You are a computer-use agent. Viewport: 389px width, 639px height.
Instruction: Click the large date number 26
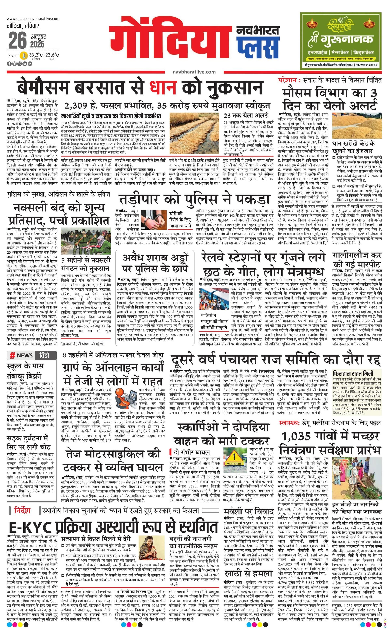click(x=18, y=40)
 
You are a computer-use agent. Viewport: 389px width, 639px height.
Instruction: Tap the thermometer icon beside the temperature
click(x=24, y=56)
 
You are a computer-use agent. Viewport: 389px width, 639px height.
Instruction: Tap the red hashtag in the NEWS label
click(x=12, y=355)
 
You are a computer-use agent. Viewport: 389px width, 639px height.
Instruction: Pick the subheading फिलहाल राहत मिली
click(x=353, y=374)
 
